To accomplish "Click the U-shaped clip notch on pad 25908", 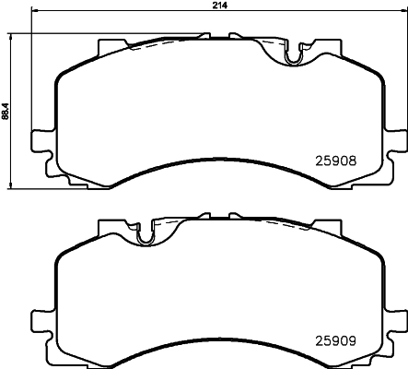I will [x=293, y=57].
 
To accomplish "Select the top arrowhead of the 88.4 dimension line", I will [x=12, y=35].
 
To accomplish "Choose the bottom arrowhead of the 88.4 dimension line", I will [x=12, y=182].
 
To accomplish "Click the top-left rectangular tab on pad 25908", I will [x=110, y=45].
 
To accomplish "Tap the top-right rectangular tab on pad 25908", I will [x=327, y=45].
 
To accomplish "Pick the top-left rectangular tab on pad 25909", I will [x=110, y=224].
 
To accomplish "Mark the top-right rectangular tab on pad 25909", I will [x=327, y=224].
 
